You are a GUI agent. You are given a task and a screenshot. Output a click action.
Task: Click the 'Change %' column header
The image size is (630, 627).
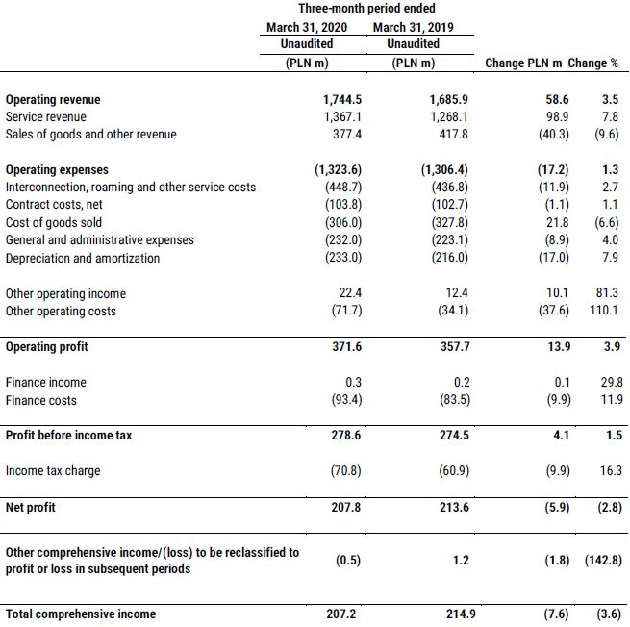[593, 63]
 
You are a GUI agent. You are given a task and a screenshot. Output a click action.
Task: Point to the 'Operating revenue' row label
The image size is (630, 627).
[53, 99]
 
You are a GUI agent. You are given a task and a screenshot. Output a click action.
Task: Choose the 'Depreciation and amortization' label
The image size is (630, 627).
[83, 258]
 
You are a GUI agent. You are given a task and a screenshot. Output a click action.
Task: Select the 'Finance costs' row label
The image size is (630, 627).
[41, 400]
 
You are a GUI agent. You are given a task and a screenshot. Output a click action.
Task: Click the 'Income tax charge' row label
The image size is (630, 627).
[53, 470]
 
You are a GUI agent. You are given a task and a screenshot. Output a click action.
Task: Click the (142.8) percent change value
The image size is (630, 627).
[601, 560]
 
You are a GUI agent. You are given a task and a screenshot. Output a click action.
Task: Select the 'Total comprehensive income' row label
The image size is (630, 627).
[81, 613]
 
